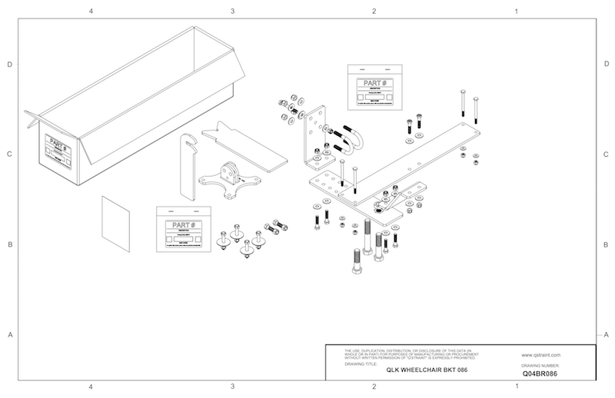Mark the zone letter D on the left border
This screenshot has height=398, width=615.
pyautogui.click(x=10, y=65)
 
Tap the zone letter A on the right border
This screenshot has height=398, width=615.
pyautogui.click(x=606, y=335)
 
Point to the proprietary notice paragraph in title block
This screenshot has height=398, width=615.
pyautogui.click(x=404, y=354)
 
